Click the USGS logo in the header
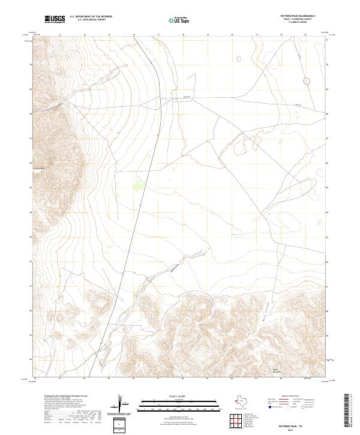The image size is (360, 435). tap(55, 19)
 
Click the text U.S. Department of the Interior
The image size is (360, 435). tap(91, 17)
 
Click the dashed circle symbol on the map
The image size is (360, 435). tap(308, 79)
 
